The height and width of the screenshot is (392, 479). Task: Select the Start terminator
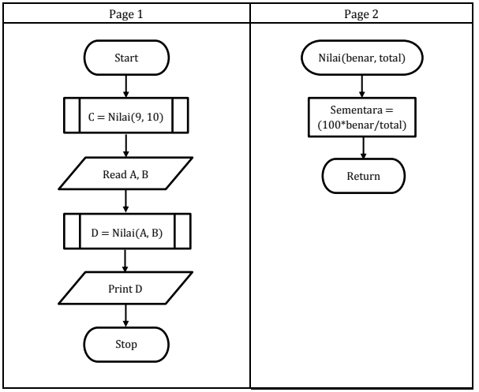click(x=126, y=58)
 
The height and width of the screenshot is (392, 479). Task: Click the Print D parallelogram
click(x=126, y=289)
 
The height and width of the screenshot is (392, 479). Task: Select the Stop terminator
click(x=126, y=345)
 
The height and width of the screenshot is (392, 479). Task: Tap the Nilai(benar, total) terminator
click(x=363, y=58)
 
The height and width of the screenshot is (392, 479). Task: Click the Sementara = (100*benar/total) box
click(x=363, y=117)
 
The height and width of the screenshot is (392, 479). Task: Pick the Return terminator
click(x=363, y=175)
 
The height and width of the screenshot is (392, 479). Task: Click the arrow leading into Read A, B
click(x=126, y=146)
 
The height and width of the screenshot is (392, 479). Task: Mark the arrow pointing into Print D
click(x=126, y=259)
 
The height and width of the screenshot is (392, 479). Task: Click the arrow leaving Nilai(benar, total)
click(x=363, y=87)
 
